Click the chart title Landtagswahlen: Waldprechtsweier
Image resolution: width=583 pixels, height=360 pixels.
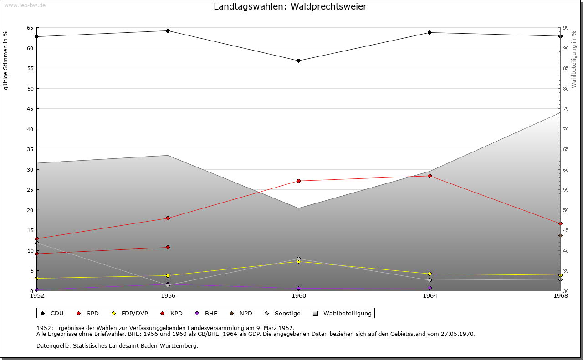click(290, 7)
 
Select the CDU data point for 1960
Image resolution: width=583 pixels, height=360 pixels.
click(298, 61)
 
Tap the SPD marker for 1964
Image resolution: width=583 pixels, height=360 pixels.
click(430, 176)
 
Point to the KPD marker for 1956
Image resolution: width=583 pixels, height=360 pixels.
click(168, 247)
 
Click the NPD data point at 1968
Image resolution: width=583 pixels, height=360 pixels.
click(560, 235)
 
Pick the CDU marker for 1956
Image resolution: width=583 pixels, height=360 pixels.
click(168, 30)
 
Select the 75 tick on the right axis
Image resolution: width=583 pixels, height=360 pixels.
click(566, 109)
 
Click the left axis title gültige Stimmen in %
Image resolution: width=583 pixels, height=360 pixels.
click(6, 60)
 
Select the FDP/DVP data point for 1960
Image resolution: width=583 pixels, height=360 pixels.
click(298, 262)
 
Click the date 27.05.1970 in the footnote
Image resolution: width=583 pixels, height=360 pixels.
click(458, 334)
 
